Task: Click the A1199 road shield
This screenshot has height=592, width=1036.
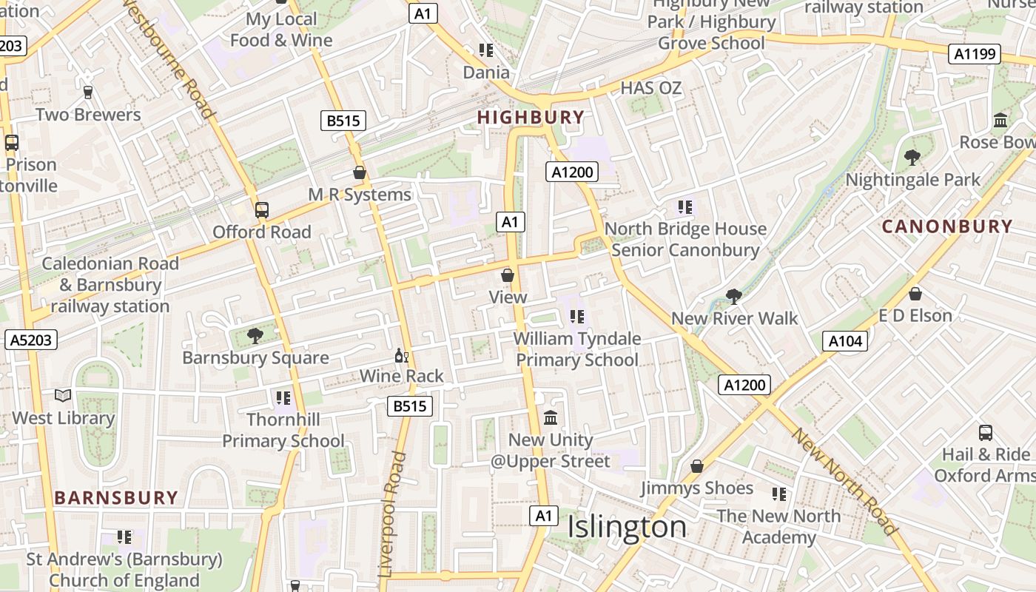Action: [975, 54]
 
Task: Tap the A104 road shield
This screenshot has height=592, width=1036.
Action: [844, 341]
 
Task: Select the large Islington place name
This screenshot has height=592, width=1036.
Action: [627, 527]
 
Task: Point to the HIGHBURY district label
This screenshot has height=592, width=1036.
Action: [531, 117]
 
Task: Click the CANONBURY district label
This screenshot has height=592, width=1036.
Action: [947, 226]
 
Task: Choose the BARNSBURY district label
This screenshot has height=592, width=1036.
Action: [116, 497]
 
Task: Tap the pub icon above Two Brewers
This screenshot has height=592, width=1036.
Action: [88, 92]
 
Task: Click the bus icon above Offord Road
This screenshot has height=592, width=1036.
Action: [261, 210]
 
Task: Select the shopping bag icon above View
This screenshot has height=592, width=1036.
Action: [508, 276]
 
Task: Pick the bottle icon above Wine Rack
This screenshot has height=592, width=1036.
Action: [401, 356]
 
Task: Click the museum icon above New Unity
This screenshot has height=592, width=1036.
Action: [551, 419]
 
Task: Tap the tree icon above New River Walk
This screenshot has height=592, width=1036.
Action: [733, 297]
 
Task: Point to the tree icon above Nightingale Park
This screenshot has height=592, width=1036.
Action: [912, 158]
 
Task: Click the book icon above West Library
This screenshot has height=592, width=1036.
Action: [63, 396]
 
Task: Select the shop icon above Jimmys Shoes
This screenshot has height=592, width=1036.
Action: [696, 466]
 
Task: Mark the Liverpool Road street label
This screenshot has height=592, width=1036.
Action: [392, 514]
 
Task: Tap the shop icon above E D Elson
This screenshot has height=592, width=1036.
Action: [915, 294]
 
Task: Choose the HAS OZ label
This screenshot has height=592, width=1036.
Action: [650, 88]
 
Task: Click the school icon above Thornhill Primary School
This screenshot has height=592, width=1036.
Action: [283, 398]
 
